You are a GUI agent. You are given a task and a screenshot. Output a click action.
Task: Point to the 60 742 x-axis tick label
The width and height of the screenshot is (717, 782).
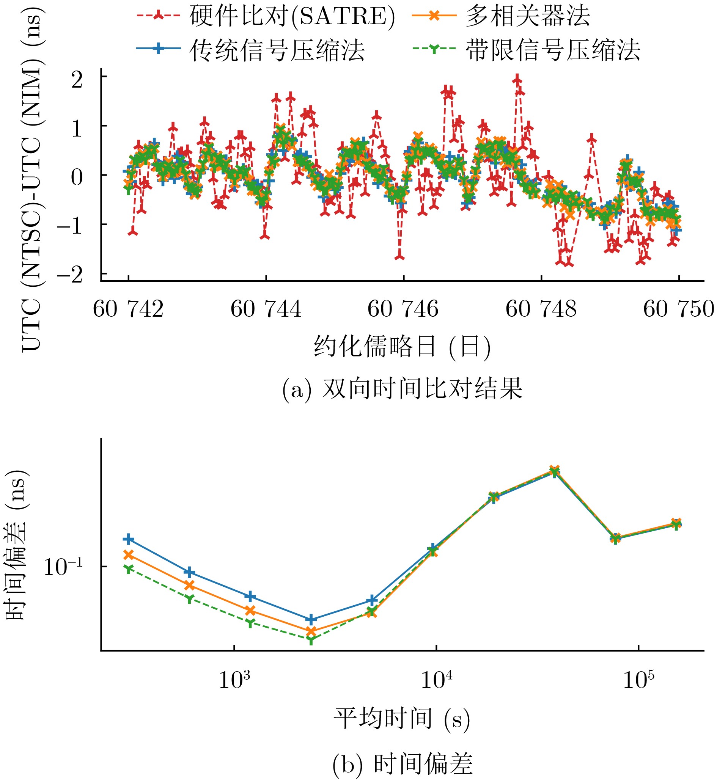coord(128,309)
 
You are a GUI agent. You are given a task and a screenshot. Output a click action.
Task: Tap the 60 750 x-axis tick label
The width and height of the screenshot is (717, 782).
coord(678,309)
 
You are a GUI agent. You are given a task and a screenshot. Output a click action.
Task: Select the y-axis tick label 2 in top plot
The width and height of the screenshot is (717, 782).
coord(77,80)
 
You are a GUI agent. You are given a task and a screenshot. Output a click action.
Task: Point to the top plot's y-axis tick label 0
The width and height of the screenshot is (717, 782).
coord(77,177)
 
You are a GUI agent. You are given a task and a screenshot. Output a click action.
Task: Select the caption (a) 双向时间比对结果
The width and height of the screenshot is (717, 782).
coord(403,389)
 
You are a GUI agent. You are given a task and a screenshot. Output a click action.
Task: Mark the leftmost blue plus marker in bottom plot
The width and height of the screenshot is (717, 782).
coord(129,540)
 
